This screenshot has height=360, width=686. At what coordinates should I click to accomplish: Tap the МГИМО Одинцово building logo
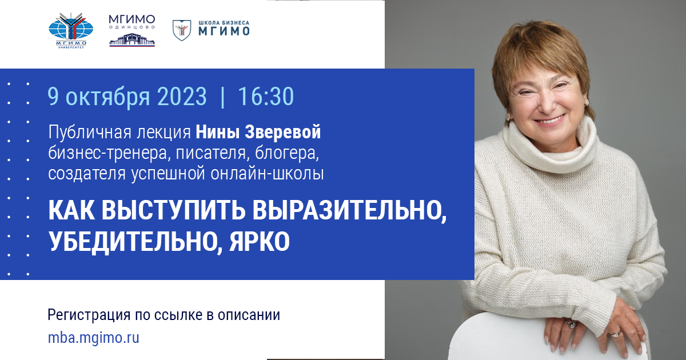pos(131,31)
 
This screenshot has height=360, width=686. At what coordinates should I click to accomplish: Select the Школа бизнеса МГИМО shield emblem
pos(182,30)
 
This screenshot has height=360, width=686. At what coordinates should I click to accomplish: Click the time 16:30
pos(266,97)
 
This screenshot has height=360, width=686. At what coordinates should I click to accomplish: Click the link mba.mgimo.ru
pos(94,338)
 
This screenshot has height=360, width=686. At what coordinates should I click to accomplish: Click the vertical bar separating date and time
pos(222,97)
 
